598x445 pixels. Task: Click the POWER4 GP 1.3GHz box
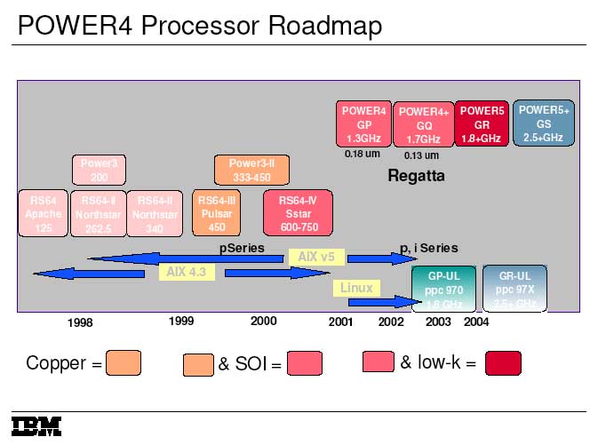(x=363, y=124)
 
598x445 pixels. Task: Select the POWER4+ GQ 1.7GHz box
(x=423, y=125)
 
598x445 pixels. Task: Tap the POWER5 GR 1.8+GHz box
(x=482, y=124)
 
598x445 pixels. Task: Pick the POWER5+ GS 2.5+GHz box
(x=544, y=123)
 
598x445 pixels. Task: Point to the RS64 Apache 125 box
(x=44, y=214)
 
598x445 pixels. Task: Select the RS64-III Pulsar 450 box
(x=217, y=214)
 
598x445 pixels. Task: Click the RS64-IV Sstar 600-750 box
(x=298, y=214)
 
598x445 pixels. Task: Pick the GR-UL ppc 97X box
(x=514, y=289)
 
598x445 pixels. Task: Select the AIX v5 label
(x=315, y=257)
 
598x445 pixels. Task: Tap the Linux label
(x=356, y=288)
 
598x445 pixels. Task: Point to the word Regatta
(x=416, y=176)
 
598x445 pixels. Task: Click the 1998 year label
(x=80, y=323)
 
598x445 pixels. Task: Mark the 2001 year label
(x=340, y=322)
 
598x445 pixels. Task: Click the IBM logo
(x=36, y=425)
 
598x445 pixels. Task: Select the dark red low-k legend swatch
(x=503, y=363)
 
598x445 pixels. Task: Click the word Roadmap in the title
(x=322, y=26)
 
